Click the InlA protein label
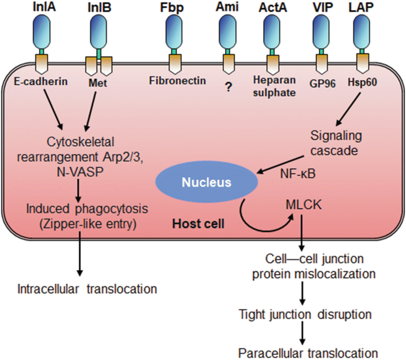(x=44, y=7)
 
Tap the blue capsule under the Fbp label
(x=173, y=32)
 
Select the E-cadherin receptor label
(x=41, y=81)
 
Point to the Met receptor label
(x=98, y=83)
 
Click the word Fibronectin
(x=178, y=81)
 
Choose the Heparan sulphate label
(x=274, y=86)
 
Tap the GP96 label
(x=322, y=83)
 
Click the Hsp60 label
(x=362, y=82)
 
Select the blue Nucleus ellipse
(x=206, y=182)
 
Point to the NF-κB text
(x=298, y=174)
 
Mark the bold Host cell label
(x=198, y=224)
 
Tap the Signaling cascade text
(x=336, y=143)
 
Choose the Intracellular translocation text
(x=87, y=289)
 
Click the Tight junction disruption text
(x=305, y=314)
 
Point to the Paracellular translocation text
(x=308, y=353)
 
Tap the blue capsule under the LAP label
(x=362, y=32)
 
